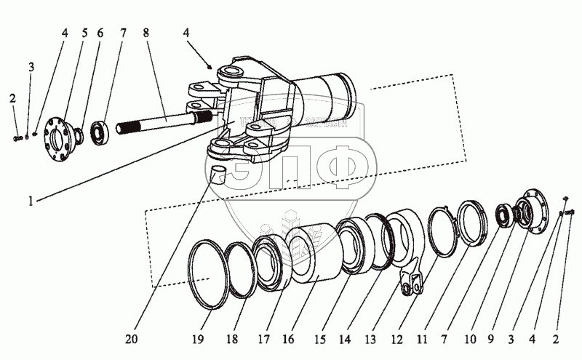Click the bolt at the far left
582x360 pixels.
[x=16, y=136]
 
